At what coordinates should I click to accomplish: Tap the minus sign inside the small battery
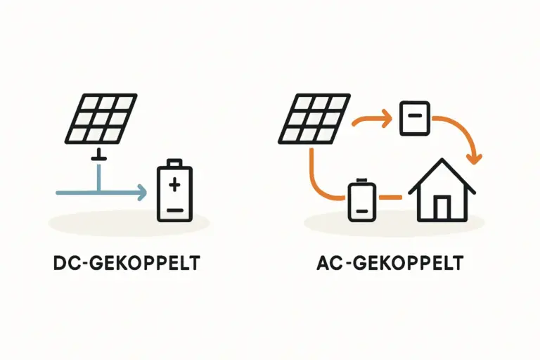tap(362, 210)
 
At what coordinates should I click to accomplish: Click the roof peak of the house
tap(442, 161)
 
